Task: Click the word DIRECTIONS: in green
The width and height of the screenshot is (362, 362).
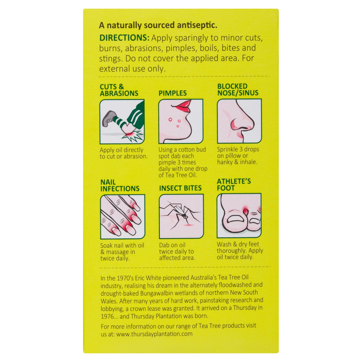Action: click(124, 38)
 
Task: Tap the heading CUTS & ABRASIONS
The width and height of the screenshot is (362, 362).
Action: click(119, 90)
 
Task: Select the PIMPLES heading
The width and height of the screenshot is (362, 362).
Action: click(173, 93)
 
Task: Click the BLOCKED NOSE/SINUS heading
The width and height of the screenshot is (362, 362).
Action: click(238, 89)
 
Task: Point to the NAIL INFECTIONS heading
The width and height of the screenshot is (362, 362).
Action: click(120, 185)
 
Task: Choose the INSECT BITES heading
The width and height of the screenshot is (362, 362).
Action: click(180, 188)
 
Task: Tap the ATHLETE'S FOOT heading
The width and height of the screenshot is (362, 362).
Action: click(234, 184)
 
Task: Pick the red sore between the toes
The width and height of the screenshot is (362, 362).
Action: click(245, 211)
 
